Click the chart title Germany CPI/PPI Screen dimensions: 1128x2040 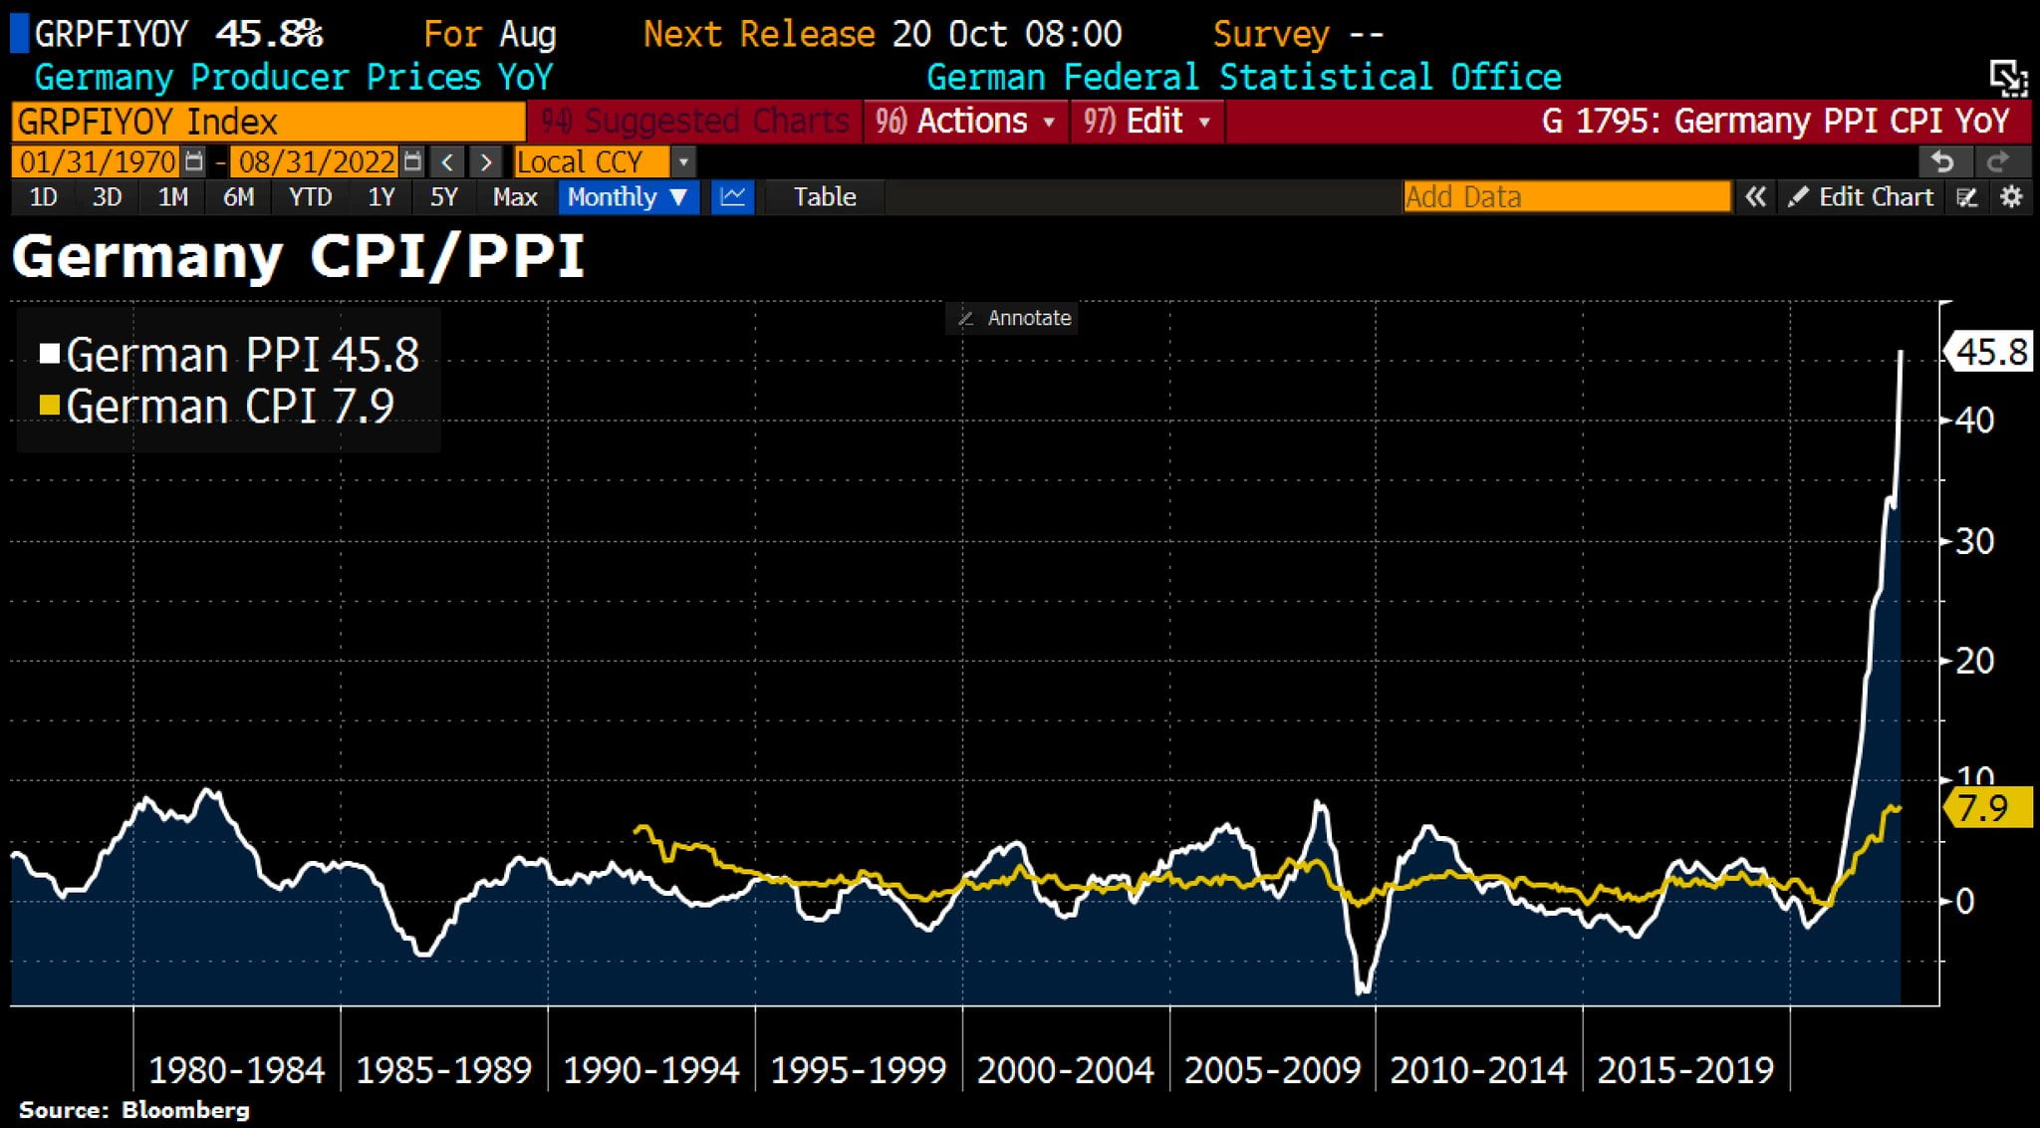pyautogui.click(x=297, y=257)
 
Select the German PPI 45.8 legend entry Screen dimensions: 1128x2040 pyautogui.click(x=230, y=355)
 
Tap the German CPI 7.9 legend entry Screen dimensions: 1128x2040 pyautogui.click(x=217, y=407)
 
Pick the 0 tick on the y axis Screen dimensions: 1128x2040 pyautogui.click(x=1965, y=901)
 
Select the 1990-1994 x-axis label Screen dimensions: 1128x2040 pyautogui.click(x=651, y=1070)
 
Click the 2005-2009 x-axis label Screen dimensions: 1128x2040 pyautogui.click(x=1272, y=1070)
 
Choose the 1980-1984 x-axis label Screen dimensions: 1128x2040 pyautogui.click(x=237, y=1070)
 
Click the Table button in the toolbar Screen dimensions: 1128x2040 pyautogui.click(x=825, y=197)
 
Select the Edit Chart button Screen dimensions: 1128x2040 pyautogui.click(x=1862, y=197)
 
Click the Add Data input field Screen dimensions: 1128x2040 pyautogui.click(x=1566, y=197)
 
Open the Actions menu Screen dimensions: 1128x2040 pyautogui.click(x=965, y=122)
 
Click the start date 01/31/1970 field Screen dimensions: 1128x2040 pyautogui.click(x=98, y=161)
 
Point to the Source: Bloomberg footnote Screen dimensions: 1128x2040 pyautogui.click(x=134, y=1110)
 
